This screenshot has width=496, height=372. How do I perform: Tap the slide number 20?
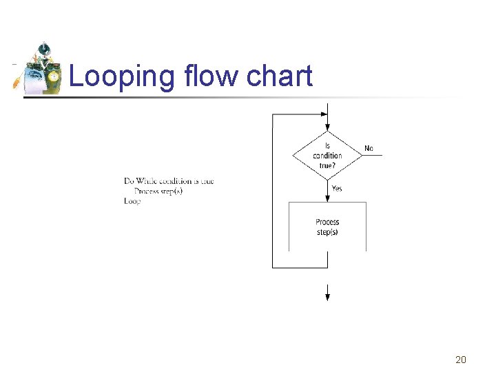(x=461, y=360)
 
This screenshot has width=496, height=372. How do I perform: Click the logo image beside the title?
(x=39, y=69)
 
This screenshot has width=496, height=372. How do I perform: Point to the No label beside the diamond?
(x=369, y=148)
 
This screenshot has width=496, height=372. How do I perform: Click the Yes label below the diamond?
(x=337, y=188)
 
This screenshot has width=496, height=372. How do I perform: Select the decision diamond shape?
(x=327, y=155)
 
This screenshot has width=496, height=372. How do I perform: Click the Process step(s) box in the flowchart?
(x=327, y=227)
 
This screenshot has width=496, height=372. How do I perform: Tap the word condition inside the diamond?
(x=327, y=156)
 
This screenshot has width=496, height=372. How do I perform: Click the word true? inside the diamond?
(x=327, y=165)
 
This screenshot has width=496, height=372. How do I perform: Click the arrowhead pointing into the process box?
(x=327, y=198)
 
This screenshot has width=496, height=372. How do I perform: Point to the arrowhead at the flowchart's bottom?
(x=327, y=296)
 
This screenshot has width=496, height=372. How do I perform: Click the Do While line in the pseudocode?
(x=169, y=181)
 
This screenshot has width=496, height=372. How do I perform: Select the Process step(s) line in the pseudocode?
(x=158, y=191)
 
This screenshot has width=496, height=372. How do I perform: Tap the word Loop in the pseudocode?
(x=132, y=201)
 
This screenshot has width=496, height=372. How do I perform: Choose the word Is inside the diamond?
(x=327, y=146)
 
